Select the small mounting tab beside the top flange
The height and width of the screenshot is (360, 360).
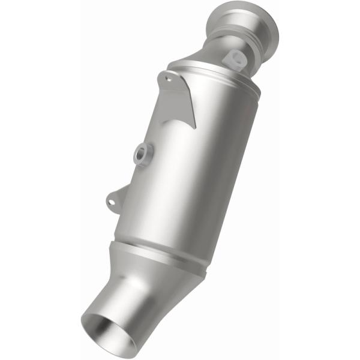point(233,58)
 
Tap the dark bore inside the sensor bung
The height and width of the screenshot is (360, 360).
point(143,153)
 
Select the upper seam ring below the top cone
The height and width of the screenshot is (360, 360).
point(216,75)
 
